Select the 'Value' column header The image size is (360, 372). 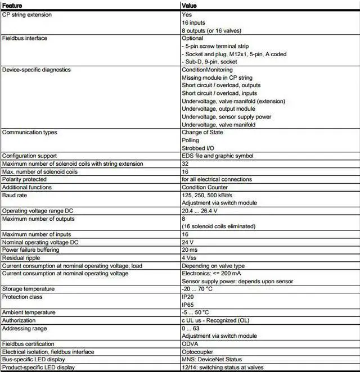point(190,6)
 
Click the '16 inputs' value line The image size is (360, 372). point(194,22)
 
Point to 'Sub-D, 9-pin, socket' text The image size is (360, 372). point(211,61)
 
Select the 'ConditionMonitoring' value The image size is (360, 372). point(207,70)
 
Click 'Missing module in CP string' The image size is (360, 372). point(217,78)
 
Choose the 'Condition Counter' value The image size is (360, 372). point(205,187)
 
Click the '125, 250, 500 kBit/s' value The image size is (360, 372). point(208,195)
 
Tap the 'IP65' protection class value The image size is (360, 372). point(188,304)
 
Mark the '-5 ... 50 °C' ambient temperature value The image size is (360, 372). point(195,312)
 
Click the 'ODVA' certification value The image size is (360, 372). point(190,343)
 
